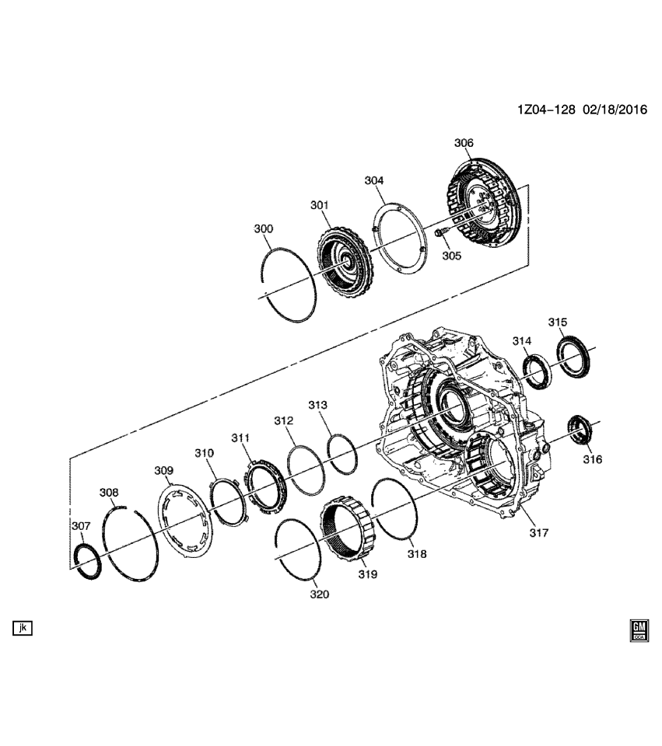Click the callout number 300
point(264,229)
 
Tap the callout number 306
point(464,143)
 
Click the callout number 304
point(374,180)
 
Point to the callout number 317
point(539,533)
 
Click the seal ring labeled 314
point(538,370)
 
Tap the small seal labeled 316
point(580,430)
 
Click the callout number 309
point(163,470)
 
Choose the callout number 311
point(240,438)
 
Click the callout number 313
point(317,405)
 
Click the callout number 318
point(418,554)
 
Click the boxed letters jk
point(22,627)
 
